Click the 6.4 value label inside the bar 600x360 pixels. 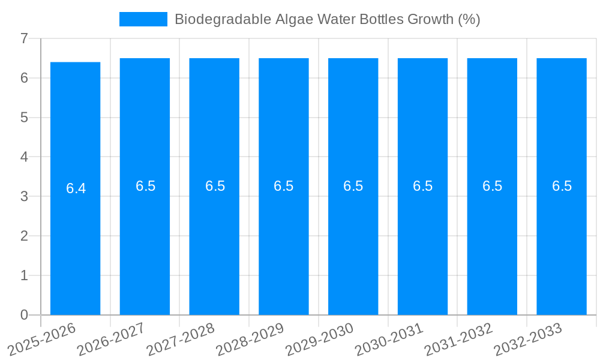pyautogui.click(x=76, y=188)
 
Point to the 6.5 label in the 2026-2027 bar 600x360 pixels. pyautogui.click(x=145, y=186)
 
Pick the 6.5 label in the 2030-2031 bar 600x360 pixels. pyautogui.click(x=422, y=186)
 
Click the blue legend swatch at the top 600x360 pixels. pyautogui.click(x=143, y=19)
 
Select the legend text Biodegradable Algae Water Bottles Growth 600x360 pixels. pyautogui.click(x=327, y=19)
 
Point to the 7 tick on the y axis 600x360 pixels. pyautogui.click(x=24, y=38)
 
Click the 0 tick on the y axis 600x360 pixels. pyautogui.click(x=24, y=315)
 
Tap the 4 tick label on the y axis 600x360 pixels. pyautogui.click(x=24, y=157)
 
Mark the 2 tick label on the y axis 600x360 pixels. pyautogui.click(x=24, y=236)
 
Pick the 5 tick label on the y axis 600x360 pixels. pyautogui.click(x=24, y=118)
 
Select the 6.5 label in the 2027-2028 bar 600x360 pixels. pyautogui.click(x=215, y=186)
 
